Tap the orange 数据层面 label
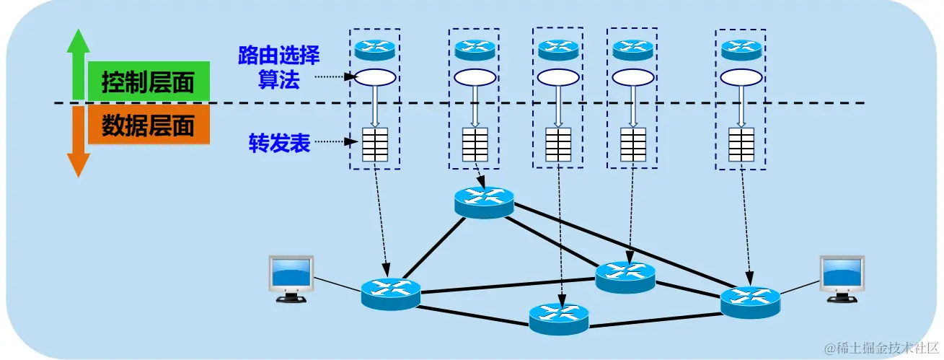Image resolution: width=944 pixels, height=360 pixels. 149,126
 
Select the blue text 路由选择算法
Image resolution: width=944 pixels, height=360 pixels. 278,66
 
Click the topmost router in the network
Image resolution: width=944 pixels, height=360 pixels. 484,200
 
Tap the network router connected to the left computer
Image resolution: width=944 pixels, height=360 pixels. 390,293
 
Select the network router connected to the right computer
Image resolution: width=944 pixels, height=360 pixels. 750,301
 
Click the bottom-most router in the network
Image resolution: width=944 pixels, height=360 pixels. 558,317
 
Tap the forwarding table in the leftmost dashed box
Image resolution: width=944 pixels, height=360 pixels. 375,144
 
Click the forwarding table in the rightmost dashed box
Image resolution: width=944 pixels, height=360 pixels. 741,144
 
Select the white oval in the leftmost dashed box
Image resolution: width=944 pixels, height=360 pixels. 375,76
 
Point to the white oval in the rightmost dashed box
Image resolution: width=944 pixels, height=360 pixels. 741,76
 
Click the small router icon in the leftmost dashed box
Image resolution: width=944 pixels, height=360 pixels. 375,49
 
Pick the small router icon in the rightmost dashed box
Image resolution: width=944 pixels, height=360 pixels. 741,49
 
